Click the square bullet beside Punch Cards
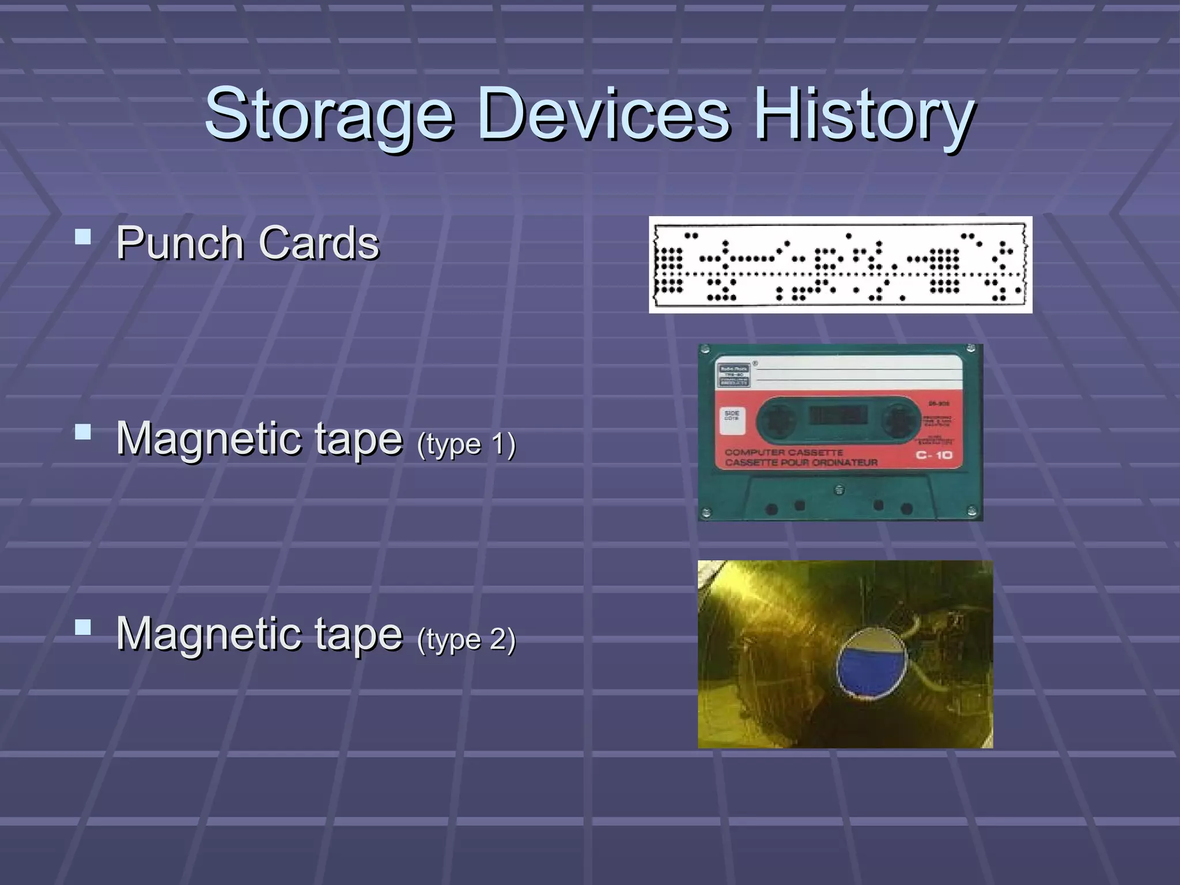pyautogui.click(x=83, y=237)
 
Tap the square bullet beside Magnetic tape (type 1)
pyautogui.click(x=83, y=432)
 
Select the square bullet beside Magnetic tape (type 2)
pyautogui.click(x=83, y=627)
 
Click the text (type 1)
pyautogui.click(x=466, y=444)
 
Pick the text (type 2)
pyautogui.click(x=466, y=640)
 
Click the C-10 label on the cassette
pyautogui.click(x=934, y=455)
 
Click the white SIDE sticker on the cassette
pyautogui.click(x=732, y=420)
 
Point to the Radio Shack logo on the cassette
pyautogui.click(x=733, y=375)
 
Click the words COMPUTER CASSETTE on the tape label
pyautogui.click(x=784, y=452)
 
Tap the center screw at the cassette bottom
pyautogui.click(x=839, y=490)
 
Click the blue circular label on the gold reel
pyautogui.click(x=871, y=669)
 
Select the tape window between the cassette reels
pyautogui.click(x=838, y=414)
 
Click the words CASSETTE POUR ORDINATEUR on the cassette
pyautogui.click(x=801, y=463)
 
